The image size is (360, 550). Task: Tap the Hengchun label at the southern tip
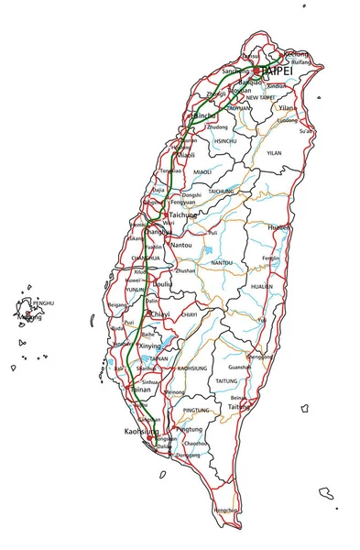pyautogui.click(x=225, y=510)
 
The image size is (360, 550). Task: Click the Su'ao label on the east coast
pyautogui.click(x=305, y=131)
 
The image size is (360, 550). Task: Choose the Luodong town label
pyautogui.click(x=287, y=120)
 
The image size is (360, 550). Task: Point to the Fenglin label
pyautogui.click(x=272, y=258)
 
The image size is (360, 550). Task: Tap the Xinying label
pyautogui.click(x=150, y=346)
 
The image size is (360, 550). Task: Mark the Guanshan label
pyautogui.click(x=239, y=367)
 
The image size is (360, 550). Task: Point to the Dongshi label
pyautogui.click(x=191, y=195)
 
